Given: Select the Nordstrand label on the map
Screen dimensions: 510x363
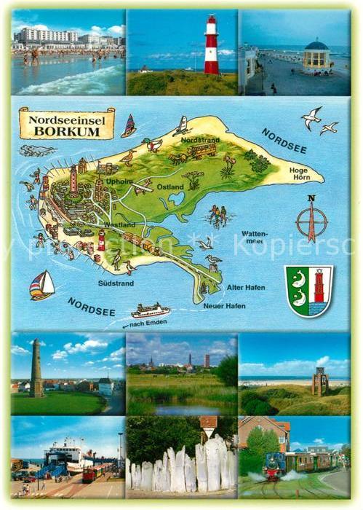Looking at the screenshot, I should tap(196, 138).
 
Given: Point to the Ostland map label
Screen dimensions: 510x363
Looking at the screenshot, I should tap(170, 187).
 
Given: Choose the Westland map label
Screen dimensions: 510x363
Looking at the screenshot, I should tap(120, 224).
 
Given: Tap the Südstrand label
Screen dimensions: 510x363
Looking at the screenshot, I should tap(116, 283).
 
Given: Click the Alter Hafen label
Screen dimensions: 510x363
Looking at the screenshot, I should tap(246, 287).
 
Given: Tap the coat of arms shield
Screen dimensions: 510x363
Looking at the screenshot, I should tap(308, 290).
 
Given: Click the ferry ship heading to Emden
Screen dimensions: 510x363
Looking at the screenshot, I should tap(151, 310).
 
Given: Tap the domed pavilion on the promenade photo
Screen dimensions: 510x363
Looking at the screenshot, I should tap(316, 55).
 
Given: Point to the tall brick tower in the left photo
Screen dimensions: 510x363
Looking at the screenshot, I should tap(36, 368).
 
